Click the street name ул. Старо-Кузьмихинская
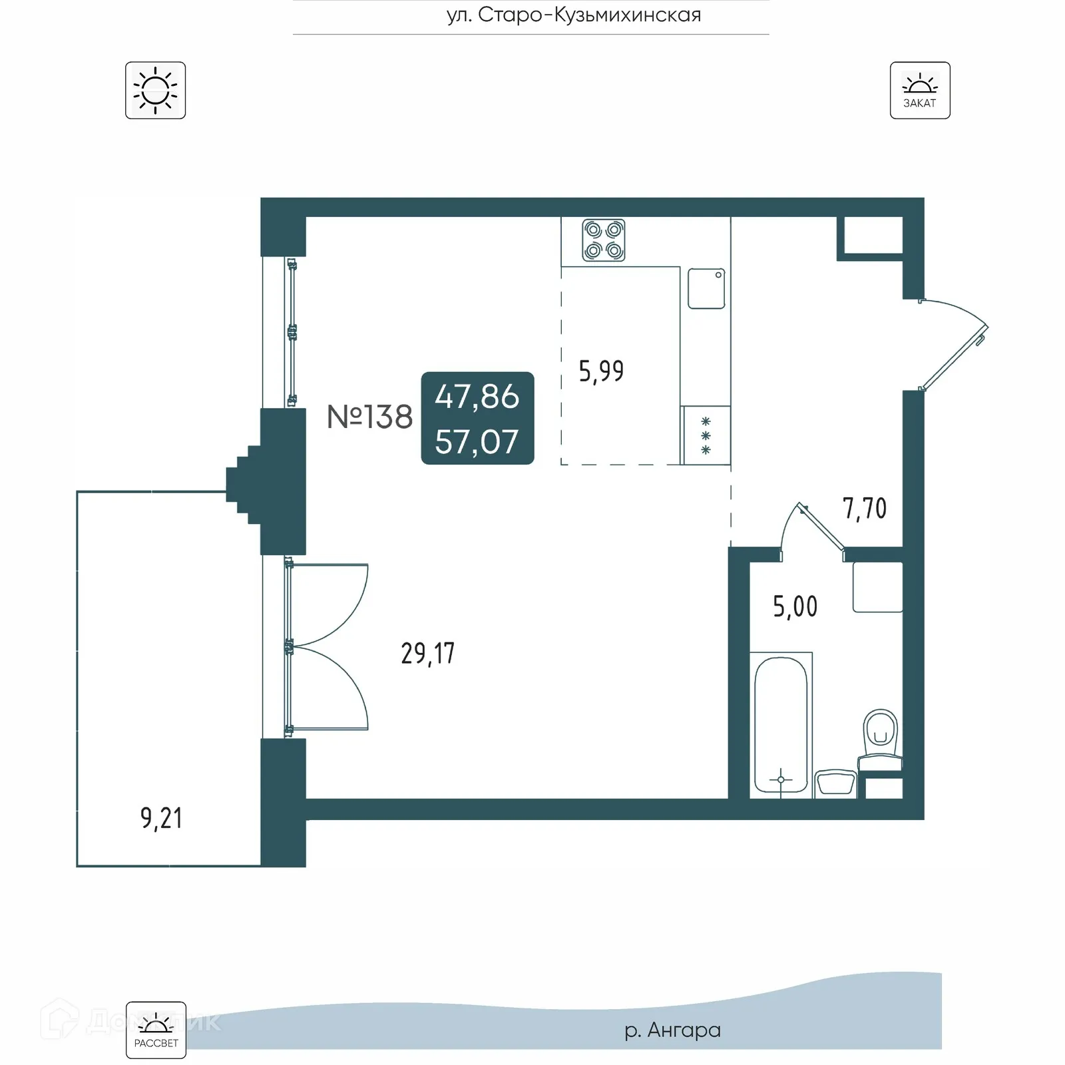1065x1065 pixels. coord(574,15)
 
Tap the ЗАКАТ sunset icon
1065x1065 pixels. coord(920,91)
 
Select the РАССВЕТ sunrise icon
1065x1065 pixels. coord(156,1030)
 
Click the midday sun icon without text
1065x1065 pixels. coord(155,91)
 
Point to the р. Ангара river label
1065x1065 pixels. coord(672,1030)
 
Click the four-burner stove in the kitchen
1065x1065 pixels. coord(604,240)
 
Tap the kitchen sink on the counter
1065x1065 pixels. coord(706,288)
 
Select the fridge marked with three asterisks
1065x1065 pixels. coord(706,436)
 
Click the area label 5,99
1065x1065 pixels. coord(601,371)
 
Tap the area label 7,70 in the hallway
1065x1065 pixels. coord(865,509)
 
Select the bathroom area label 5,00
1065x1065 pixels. coord(795,606)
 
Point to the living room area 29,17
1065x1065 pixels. coord(427,653)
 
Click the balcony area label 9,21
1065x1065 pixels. coord(161,817)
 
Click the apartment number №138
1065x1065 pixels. coord(369,417)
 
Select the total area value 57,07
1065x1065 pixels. coord(477,442)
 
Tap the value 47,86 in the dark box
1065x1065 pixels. coord(477,397)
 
